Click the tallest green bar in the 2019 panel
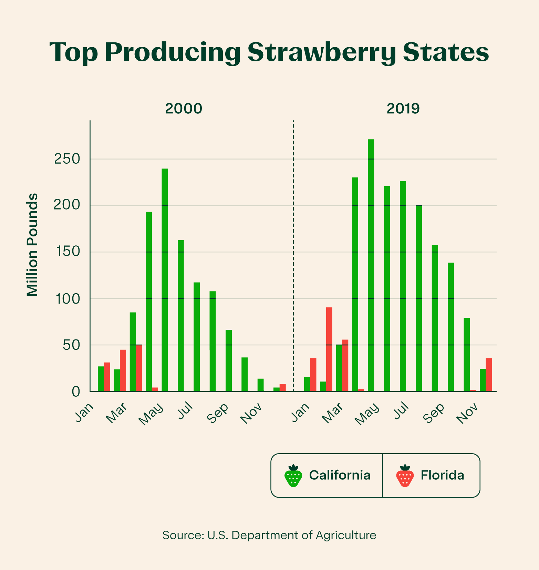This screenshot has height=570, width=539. tap(371, 265)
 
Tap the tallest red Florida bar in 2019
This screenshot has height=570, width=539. tap(329, 349)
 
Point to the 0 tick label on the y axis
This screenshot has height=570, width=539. tap(75, 391)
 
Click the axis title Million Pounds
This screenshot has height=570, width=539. tap(32, 245)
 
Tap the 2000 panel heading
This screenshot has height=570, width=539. tap(183, 108)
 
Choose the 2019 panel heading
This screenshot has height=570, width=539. tap(403, 108)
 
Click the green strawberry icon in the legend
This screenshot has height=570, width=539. tap(293, 476)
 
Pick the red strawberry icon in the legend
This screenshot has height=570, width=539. tap(405, 476)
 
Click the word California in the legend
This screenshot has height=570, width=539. tap(340, 475)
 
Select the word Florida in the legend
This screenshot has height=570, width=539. tap(442, 475)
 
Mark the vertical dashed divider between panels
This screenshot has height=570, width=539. tap(293, 255)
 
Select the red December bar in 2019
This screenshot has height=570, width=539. tap(489, 375)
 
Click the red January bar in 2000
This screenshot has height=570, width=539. tap(107, 377)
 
